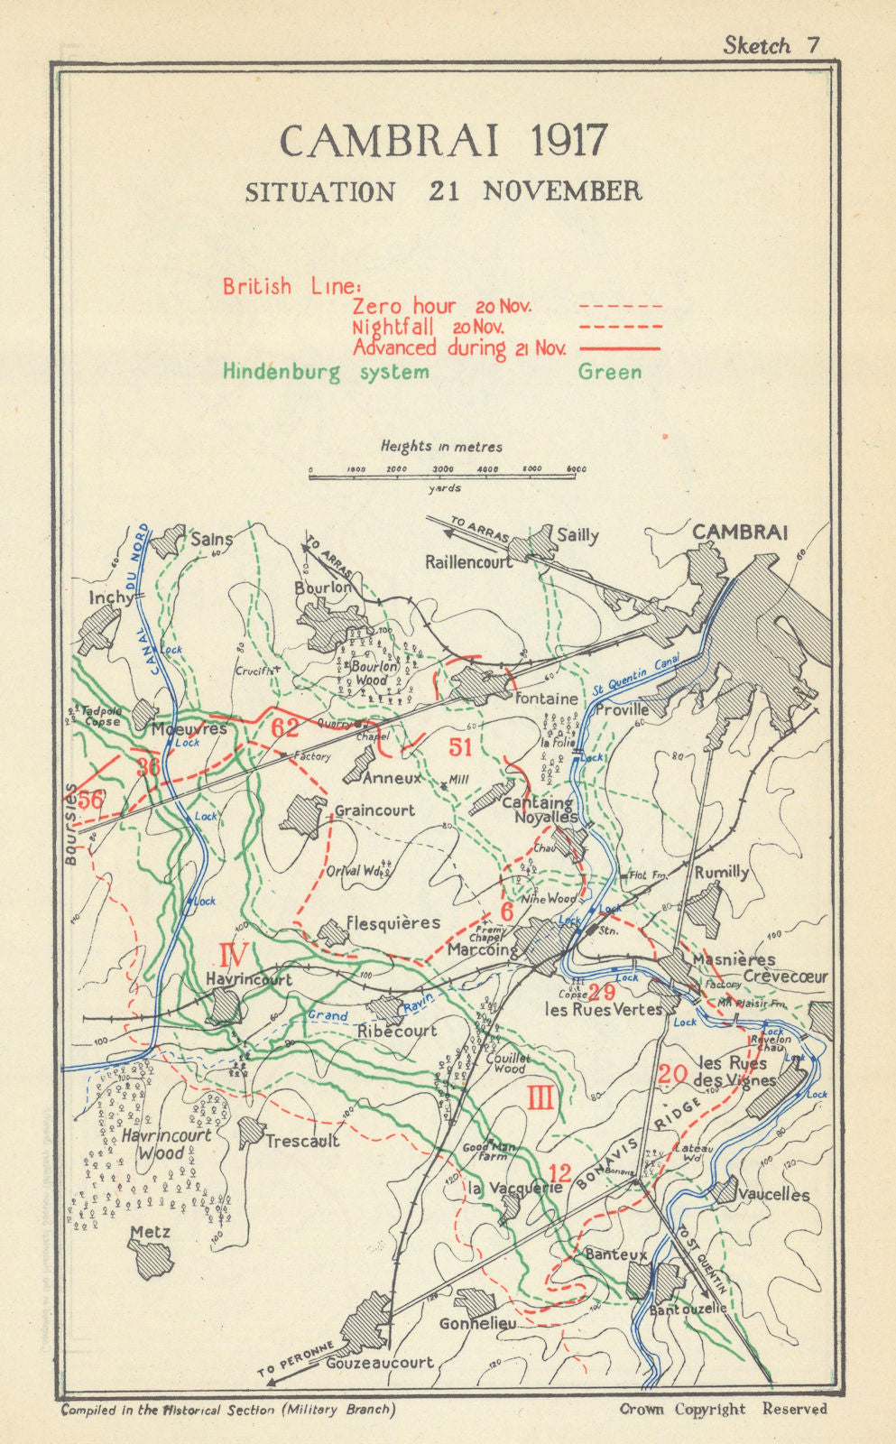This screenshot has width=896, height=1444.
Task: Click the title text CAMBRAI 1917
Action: (x=443, y=141)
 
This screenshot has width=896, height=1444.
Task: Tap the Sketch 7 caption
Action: (x=771, y=46)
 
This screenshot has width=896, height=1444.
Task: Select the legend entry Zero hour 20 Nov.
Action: (x=442, y=306)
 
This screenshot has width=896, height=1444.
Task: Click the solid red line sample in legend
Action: (x=619, y=348)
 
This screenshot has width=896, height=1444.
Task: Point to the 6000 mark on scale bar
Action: (x=577, y=469)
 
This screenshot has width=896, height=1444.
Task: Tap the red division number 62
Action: (x=284, y=727)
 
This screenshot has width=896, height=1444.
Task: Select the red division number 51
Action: (x=460, y=746)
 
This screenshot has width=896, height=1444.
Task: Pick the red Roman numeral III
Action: (x=540, y=1097)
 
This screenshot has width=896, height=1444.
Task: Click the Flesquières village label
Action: (x=393, y=923)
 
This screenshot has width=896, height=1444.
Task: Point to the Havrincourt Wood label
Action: (x=167, y=1143)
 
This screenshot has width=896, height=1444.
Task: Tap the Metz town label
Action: (x=150, y=1232)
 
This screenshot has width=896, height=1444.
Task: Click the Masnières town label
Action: (x=734, y=959)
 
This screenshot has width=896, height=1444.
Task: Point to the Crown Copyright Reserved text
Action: (x=723, y=1409)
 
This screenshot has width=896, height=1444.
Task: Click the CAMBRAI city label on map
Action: (x=739, y=532)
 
